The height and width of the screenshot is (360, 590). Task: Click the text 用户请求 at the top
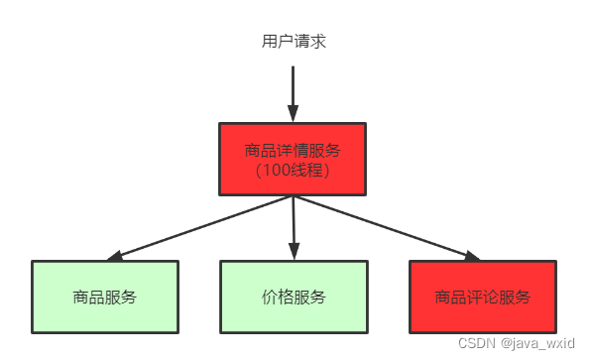point(294,42)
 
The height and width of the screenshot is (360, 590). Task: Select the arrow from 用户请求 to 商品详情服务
point(294,89)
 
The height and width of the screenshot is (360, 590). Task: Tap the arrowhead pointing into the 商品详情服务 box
point(294,114)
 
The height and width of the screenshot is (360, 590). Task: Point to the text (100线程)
point(293,170)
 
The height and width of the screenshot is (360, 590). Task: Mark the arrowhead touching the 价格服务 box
point(295,254)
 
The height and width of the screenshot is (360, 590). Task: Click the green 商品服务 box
point(105,297)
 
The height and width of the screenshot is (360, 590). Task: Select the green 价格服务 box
point(294,297)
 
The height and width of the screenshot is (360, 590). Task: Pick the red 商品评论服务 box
point(483,297)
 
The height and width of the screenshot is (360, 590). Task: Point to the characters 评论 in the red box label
point(483,297)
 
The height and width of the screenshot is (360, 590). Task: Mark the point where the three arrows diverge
point(294,196)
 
